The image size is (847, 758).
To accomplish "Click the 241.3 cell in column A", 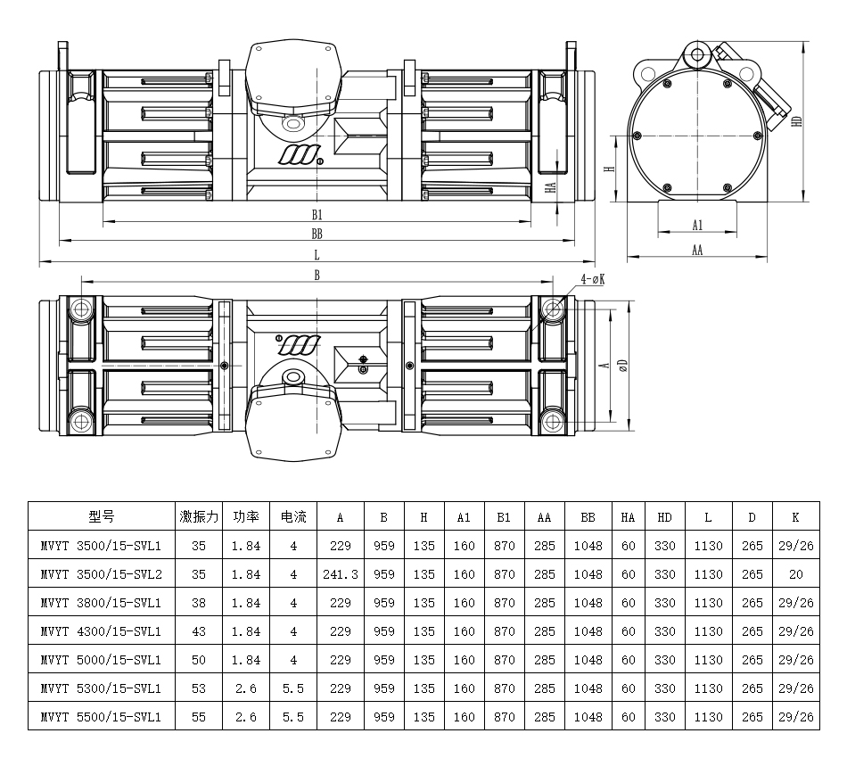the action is tap(341, 574).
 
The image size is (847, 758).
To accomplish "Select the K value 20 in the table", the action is tap(795, 574).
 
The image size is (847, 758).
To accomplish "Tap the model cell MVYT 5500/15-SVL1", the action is tap(101, 717).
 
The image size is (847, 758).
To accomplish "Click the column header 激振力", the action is tap(199, 516).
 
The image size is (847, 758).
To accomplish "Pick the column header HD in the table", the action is tap(664, 517).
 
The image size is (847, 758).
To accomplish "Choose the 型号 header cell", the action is tap(102, 516).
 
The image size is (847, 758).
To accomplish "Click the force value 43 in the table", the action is tap(199, 631).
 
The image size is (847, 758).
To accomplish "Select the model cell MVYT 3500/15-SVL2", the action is tap(101, 574).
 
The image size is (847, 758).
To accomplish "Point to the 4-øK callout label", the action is tap(593, 279).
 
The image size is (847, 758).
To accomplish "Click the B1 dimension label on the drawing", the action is tap(317, 215).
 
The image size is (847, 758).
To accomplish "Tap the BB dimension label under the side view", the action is tap(317, 234).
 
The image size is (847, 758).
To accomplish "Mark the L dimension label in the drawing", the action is tap(317, 254).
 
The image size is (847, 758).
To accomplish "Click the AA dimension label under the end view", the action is tap(697, 250).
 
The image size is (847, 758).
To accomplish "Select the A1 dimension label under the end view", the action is tap(697, 225).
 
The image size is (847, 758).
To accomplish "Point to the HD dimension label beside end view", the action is tap(796, 121).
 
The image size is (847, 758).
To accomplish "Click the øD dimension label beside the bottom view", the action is tap(623, 366).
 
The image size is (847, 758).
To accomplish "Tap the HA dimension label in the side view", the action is tap(550, 187).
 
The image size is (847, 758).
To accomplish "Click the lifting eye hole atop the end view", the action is tap(697, 54).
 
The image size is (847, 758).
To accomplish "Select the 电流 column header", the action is tap(293, 516).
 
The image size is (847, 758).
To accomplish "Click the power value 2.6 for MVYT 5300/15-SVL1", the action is tap(246, 688).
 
